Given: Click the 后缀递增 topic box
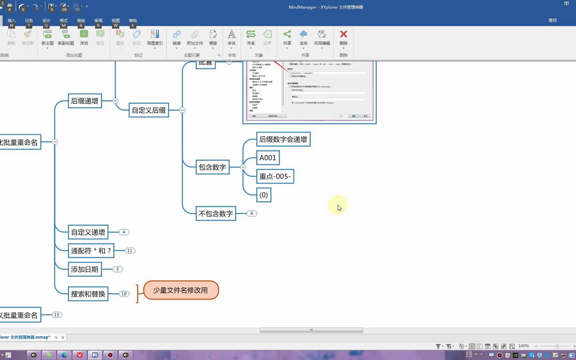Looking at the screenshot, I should pyautogui.click(x=85, y=101).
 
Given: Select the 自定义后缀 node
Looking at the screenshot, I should pyautogui.click(x=149, y=110).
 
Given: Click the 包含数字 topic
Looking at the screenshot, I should pyautogui.click(x=212, y=167).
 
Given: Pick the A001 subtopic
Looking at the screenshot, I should pyautogui.click(x=268, y=158).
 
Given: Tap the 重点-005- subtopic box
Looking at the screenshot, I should pyautogui.click(x=275, y=176).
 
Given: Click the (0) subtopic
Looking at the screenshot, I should pyautogui.click(x=264, y=195).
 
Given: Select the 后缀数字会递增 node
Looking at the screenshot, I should pyautogui.click(x=283, y=139).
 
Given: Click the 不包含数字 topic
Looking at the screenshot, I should pyautogui.click(x=216, y=214).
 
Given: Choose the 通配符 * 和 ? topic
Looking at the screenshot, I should pyautogui.click(x=91, y=251).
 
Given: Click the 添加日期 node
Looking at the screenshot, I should pyautogui.click(x=85, y=269).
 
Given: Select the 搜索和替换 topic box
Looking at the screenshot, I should pyautogui.click(x=88, y=294).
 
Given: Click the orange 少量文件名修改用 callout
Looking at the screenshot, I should pyautogui.click(x=181, y=290).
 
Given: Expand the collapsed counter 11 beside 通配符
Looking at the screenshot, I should pyautogui.click(x=130, y=251).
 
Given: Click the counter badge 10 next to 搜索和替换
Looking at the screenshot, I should pyautogui.click(x=124, y=294).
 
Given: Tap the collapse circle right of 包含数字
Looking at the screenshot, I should pyautogui.click(x=243, y=167).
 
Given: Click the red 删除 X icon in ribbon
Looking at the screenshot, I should pyautogui.click(x=343, y=34).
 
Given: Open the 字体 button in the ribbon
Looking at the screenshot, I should pyautogui.click(x=232, y=37).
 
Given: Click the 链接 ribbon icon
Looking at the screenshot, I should pyautogui.click(x=177, y=37).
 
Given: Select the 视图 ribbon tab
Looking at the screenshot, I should pyautogui.click(x=115, y=21).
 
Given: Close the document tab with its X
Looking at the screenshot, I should pyautogui.click(x=63, y=337).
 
